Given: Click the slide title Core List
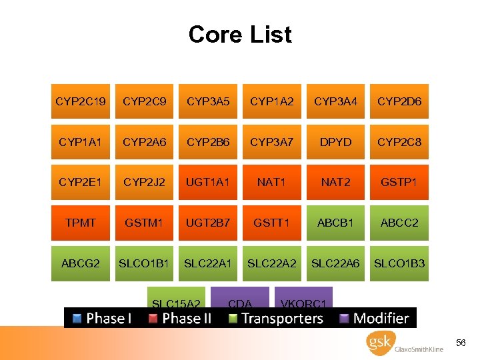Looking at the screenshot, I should (x=240, y=34).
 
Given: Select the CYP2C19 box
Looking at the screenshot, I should (x=81, y=101).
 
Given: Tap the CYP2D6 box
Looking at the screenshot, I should (x=399, y=101).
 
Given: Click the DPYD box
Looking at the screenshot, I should (x=335, y=142).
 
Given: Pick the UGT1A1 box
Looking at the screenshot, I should (x=208, y=182).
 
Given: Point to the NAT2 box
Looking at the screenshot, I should (x=335, y=182).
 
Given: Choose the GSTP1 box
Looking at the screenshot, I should (x=399, y=182).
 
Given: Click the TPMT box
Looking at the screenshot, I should (x=81, y=223).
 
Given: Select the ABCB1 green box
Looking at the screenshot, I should (x=335, y=223).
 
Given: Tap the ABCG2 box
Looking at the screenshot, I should (x=81, y=263).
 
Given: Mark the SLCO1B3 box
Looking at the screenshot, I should (x=399, y=263).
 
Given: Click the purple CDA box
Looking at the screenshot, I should (x=240, y=297).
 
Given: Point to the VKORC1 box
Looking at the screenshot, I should (x=304, y=297).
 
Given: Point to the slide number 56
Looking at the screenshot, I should (x=461, y=342).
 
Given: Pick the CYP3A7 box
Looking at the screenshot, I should (x=271, y=142).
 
